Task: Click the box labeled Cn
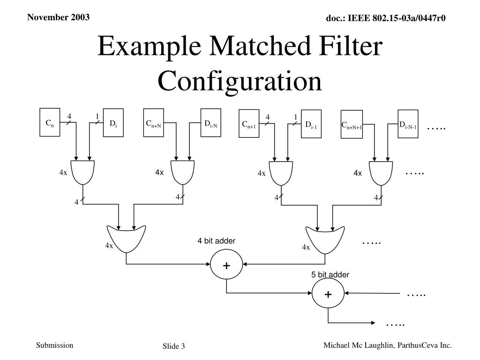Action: point(50,123)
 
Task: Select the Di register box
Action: point(113,123)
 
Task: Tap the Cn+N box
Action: point(153,123)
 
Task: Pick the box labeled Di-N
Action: point(210,123)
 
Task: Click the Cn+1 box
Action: point(249,124)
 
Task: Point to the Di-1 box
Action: point(311,124)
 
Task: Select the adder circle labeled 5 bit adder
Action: point(328,294)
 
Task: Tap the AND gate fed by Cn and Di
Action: point(82,172)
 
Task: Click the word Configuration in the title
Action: point(240,81)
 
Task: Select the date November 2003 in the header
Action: point(58,18)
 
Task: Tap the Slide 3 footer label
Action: point(174,346)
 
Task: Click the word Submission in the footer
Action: point(55,345)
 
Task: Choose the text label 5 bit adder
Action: point(330,275)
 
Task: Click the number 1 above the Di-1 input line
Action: point(296,117)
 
